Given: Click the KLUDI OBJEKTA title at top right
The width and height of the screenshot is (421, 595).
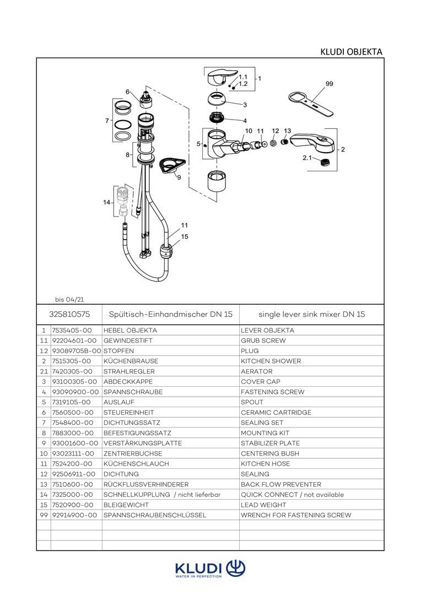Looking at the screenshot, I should (351, 52).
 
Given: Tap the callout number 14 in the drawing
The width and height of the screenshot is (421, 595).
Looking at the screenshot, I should (106, 203).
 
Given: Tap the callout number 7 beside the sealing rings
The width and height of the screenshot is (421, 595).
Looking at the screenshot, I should (107, 121).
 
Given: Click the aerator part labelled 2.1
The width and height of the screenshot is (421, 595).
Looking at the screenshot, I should (325, 161).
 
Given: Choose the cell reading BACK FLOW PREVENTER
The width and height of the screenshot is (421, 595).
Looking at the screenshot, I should (281, 485).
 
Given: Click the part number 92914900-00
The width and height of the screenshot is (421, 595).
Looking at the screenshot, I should (74, 516).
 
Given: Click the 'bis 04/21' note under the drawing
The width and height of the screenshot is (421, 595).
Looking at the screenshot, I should (69, 300).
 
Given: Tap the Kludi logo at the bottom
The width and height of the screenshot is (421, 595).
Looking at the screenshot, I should (210, 569).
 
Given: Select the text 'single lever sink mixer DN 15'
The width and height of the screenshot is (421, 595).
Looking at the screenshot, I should (312, 314).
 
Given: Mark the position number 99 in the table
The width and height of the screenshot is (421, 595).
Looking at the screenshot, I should (44, 516).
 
